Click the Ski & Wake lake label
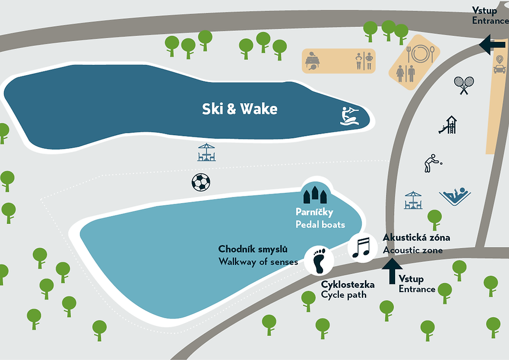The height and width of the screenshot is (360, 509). (240, 109)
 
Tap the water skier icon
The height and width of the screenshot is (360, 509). (350, 116)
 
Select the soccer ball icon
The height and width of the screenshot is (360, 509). (201, 182)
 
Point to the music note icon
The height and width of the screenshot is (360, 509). (361, 248)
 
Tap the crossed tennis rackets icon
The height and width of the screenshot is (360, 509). (464, 85)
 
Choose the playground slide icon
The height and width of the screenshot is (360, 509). (448, 125)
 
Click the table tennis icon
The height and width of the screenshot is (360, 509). (312, 61)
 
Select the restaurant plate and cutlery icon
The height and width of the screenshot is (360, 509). (420, 54)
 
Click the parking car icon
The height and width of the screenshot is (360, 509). (500, 64)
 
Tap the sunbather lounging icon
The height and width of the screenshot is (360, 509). (455, 196)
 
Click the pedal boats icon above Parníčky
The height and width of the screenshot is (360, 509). (315, 194)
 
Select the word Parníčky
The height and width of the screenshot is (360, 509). (314, 212)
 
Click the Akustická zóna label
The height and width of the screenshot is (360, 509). (417, 238)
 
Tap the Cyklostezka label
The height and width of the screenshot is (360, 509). (348, 285)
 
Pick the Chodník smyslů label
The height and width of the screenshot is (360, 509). (253, 249)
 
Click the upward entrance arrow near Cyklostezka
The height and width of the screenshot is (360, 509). (392, 271)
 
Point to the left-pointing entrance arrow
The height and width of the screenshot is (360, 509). (492, 45)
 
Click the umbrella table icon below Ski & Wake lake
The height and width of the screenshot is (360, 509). (206, 152)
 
